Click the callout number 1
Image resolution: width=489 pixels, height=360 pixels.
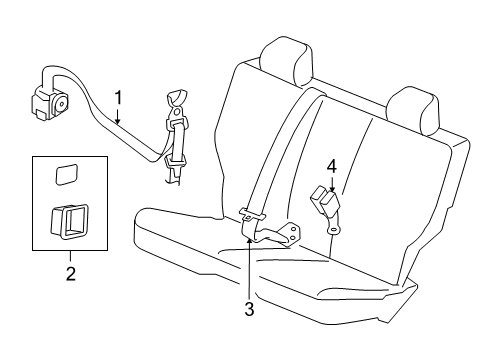119,98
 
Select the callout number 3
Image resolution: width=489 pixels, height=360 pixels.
250,310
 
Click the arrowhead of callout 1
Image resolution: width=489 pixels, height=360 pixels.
117,122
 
